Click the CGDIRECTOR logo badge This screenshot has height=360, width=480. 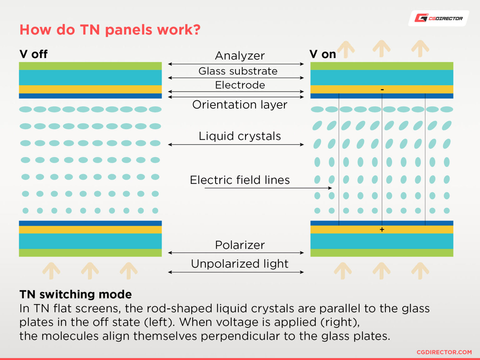click(x=438, y=18)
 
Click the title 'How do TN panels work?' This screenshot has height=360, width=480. click(x=110, y=30)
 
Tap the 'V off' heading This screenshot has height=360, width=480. click(x=33, y=54)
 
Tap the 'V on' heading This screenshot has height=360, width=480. click(x=322, y=54)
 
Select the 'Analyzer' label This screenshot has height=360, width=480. click(x=240, y=56)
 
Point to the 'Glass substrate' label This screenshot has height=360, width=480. click(x=238, y=71)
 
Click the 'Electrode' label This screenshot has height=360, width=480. click(x=240, y=85)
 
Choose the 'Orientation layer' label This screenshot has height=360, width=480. click(x=240, y=104)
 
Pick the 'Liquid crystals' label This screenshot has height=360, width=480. click(x=240, y=136)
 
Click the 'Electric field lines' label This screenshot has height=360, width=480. click(x=240, y=180)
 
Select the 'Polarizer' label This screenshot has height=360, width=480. click(x=240, y=245)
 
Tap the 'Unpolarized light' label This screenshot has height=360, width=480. click(x=240, y=263)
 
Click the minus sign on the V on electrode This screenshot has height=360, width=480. click(x=382, y=89)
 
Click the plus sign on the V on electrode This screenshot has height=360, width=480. click(x=382, y=229)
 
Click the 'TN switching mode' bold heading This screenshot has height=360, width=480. click(x=76, y=294)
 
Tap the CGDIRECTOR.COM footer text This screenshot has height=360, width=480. click(x=444, y=352)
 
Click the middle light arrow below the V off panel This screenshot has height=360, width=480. click(x=90, y=270)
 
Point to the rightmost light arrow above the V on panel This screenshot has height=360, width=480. click(x=420, y=48)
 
